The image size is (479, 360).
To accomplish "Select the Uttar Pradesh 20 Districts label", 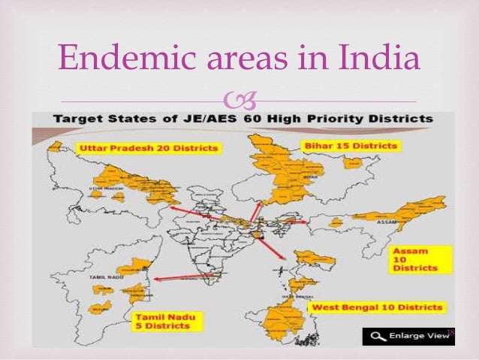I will click(148, 148).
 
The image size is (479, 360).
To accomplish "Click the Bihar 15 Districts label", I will click(351, 144).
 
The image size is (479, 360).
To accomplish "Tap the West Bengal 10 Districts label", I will click(378, 307).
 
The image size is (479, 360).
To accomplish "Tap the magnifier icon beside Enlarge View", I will click(373, 336).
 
